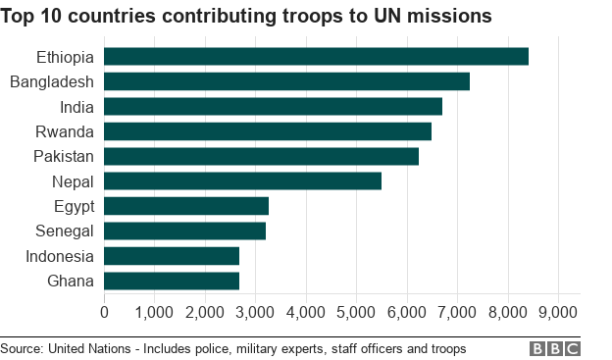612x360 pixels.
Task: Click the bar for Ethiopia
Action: coord(316,56)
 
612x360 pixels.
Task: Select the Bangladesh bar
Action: coord(286,81)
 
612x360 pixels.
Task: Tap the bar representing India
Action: coord(273,106)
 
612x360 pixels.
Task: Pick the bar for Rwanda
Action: coord(267,131)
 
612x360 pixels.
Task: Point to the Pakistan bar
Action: coord(261,156)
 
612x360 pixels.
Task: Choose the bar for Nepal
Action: coord(242,181)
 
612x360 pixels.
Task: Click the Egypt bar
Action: coord(185,206)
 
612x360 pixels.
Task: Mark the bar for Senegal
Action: coord(184,231)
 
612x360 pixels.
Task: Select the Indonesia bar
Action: coord(172,256)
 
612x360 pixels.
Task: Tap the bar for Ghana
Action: coord(172,282)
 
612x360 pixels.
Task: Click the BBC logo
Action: coord(555,348)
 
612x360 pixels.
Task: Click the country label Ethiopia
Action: coord(65,57)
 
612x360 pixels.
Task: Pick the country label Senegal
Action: coord(64,231)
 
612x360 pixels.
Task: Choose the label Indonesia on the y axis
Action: coord(60,256)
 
